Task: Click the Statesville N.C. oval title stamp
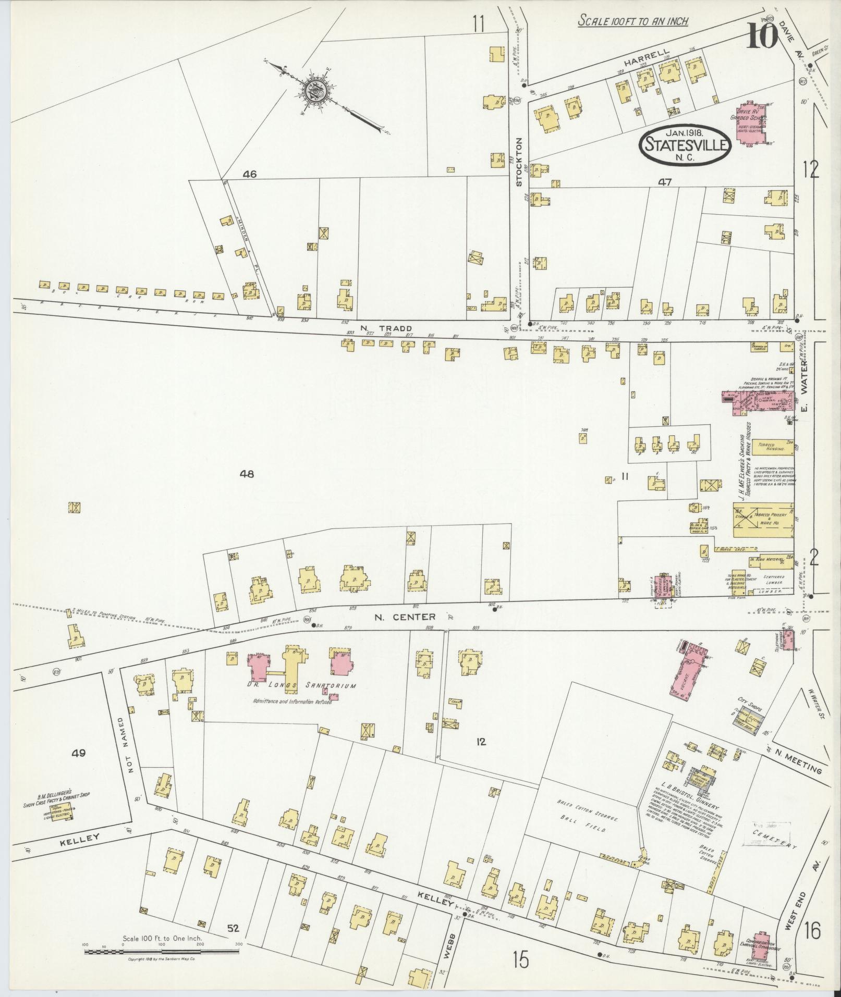pyautogui.click(x=686, y=144)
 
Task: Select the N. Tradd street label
pyautogui.click(x=394, y=328)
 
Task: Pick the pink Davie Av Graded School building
pyautogui.click(x=751, y=124)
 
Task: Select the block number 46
pyautogui.click(x=249, y=175)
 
